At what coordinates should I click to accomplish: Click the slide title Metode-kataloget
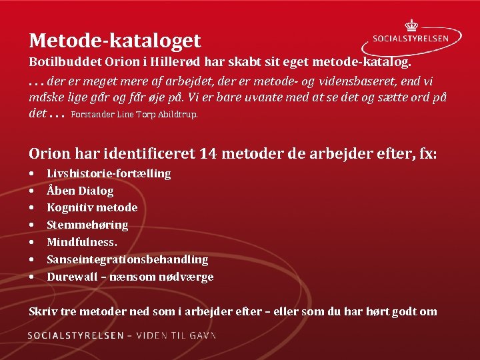click(x=115, y=41)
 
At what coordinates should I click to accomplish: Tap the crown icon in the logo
click(x=411, y=25)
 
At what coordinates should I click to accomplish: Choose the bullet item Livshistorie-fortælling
click(x=109, y=173)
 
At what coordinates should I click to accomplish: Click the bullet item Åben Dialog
click(x=80, y=191)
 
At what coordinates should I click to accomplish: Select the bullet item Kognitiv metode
click(x=92, y=207)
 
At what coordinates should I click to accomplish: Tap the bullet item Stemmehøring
click(x=87, y=225)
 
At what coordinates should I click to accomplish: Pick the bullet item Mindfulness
click(x=82, y=242)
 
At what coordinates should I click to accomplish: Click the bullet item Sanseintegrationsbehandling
click(x=127, y=259)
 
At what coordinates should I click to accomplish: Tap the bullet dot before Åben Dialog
click(x=32, y=191)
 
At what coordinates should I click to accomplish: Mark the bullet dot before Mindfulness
click(x=32, y=243)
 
